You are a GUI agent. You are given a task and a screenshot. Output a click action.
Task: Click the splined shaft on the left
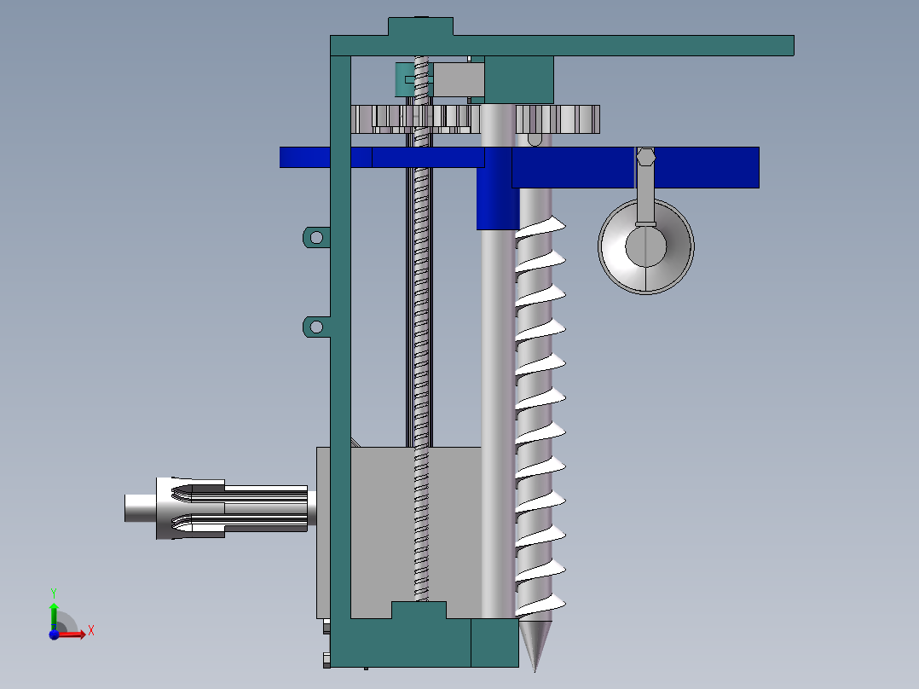(247, 508)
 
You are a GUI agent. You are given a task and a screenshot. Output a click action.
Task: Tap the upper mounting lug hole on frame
(315, 236)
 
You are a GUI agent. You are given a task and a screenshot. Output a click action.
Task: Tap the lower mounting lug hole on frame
(315, 327)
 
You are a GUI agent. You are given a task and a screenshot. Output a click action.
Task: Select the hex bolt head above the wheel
(645, 156)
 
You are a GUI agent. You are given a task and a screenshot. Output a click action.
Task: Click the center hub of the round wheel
(645, 246)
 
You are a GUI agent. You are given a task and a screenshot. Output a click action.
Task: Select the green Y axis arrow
(53, 611)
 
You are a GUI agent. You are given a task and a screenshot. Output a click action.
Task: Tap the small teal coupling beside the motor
(402, 79)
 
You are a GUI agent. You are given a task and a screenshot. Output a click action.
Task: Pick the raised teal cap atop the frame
(419, 26)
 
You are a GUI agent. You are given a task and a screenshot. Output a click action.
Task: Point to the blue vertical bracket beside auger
(494, 200)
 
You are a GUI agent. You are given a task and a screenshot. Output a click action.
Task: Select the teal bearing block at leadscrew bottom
(419, 611)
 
